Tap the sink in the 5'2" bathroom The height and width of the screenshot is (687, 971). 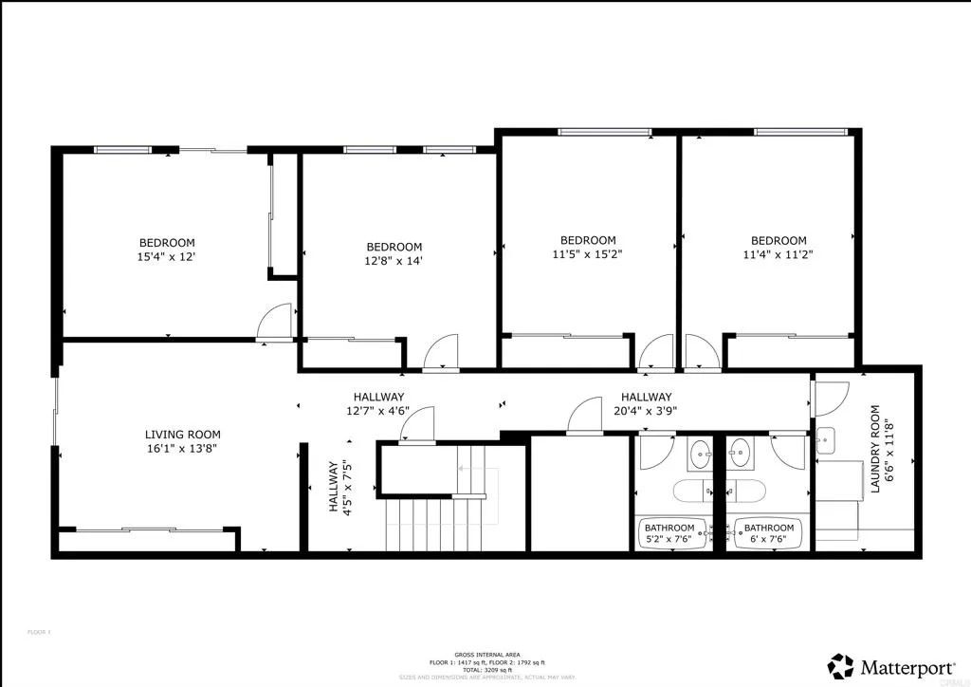pyautogui.click(x=700, y=455)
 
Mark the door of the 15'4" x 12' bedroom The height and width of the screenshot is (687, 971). pyautogui.click(x=276, y=322)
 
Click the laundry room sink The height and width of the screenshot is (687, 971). pyautogui.click(x=825, y=441)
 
